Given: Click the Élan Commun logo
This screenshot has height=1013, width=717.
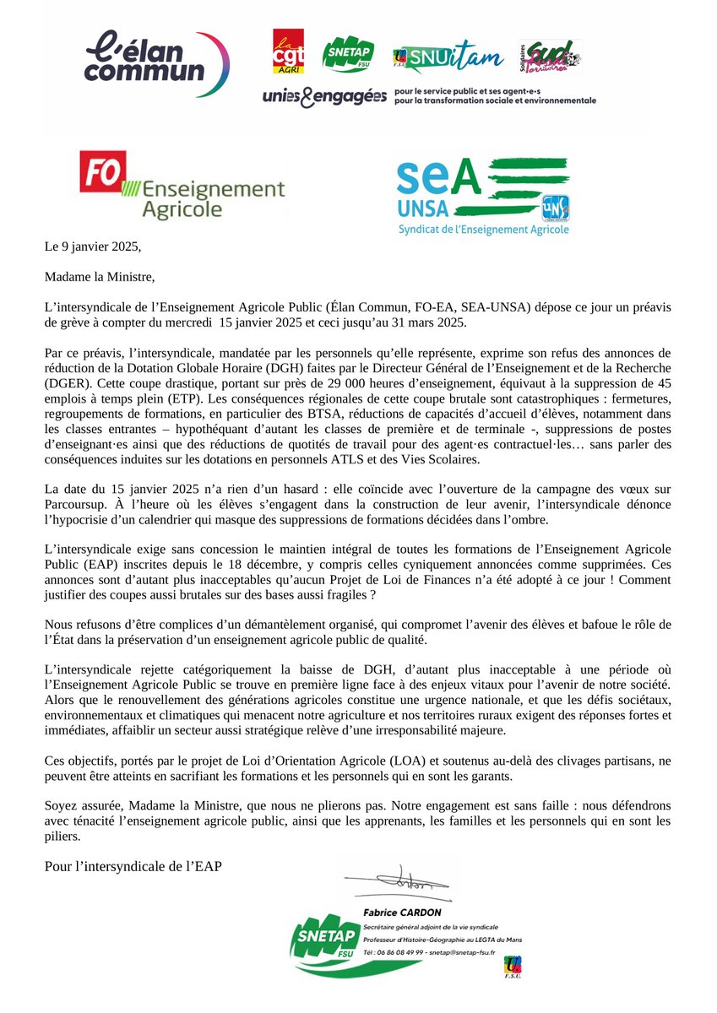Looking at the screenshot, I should (157, 60).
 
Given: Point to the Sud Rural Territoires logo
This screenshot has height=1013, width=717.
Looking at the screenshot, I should (551, 57).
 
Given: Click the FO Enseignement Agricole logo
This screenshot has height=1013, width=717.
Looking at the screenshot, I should (181, 185).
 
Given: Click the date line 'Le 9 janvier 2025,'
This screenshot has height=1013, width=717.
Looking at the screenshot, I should (90, 247).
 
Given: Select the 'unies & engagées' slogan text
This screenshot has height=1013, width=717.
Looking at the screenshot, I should (324, 98).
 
